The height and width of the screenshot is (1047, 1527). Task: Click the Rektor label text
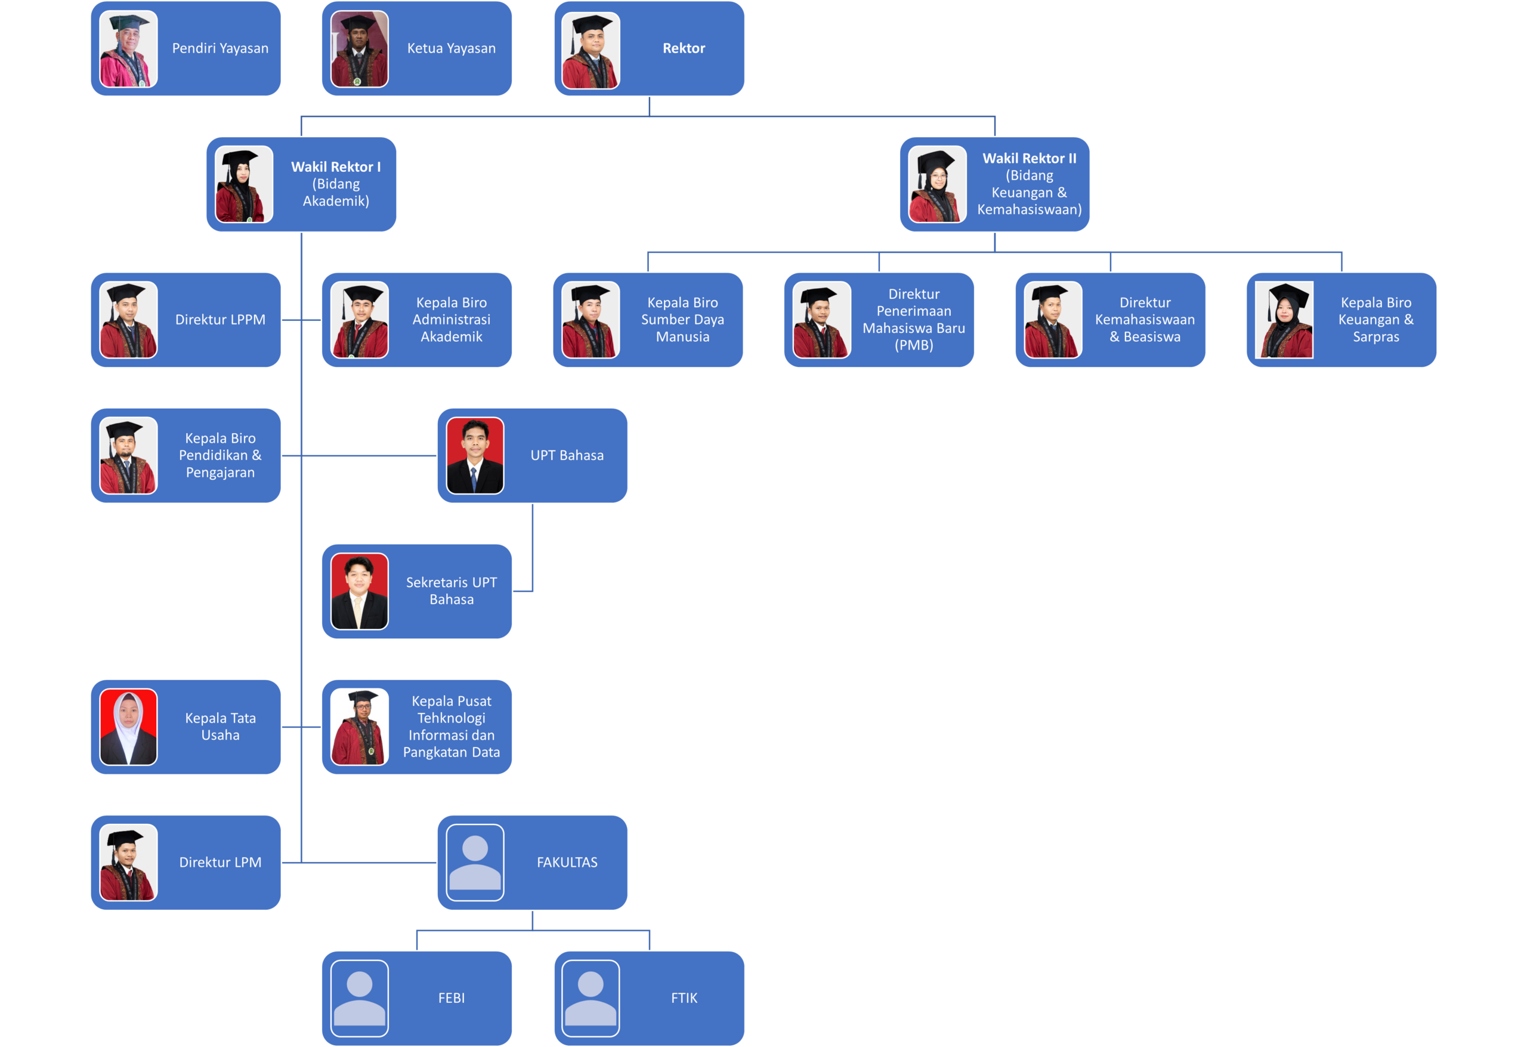click(684, 48)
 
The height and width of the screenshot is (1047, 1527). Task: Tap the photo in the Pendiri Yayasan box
click(128, 49)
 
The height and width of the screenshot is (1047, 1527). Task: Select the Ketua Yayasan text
click(452, 48)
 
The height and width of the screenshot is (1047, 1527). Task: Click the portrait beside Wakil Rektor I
click(244, 184)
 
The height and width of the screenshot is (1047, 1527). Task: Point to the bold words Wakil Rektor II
click(1029, 159)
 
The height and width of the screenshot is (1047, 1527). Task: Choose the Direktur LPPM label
click(220, 319)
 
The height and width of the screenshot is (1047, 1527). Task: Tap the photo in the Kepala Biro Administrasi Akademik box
click(360, 320)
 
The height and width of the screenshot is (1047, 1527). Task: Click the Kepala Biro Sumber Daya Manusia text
click(683, 319)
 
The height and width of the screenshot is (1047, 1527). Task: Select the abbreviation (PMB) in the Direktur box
click(913, 345)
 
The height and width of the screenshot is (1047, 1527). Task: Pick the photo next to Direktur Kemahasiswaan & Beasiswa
click(1053, 320)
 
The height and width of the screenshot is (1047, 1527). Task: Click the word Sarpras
click(1376, 336)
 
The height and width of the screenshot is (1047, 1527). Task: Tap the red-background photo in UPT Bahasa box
click(475, 455)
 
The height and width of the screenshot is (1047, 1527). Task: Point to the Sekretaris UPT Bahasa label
click(452, 591)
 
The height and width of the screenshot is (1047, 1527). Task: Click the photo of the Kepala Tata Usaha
click(128, 727)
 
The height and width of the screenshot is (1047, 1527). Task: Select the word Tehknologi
click(452, 718)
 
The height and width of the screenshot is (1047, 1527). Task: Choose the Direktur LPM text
click(220, 862)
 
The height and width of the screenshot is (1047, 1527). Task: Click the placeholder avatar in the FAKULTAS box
click(475, 862)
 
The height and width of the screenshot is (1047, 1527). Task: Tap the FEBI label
click(452, 997)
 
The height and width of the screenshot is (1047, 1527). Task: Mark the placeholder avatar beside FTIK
click(591, 997)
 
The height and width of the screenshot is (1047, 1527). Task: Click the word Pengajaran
click(220, 472)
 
